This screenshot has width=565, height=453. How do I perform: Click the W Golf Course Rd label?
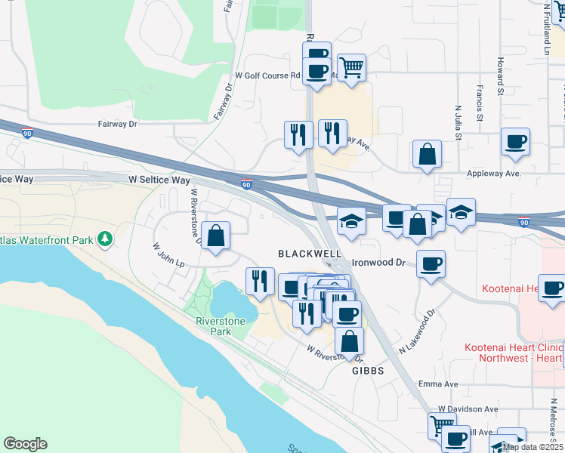[x=267, y=75]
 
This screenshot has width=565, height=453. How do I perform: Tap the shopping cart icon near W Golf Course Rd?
[x=352, y=68]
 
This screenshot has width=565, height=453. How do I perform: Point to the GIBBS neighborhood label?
[x=368, y=371]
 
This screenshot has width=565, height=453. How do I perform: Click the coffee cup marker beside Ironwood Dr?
[x=431, y=264]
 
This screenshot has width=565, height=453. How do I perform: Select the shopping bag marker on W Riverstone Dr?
[x=216, y=236]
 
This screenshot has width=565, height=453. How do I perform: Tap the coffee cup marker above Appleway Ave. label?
[x=515, y=142]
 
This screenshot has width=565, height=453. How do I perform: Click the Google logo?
[x=25, y=443]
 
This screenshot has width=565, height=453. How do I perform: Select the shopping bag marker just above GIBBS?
[x=349, y=341]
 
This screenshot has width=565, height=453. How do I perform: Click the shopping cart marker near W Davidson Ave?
[x=442, y=426]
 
